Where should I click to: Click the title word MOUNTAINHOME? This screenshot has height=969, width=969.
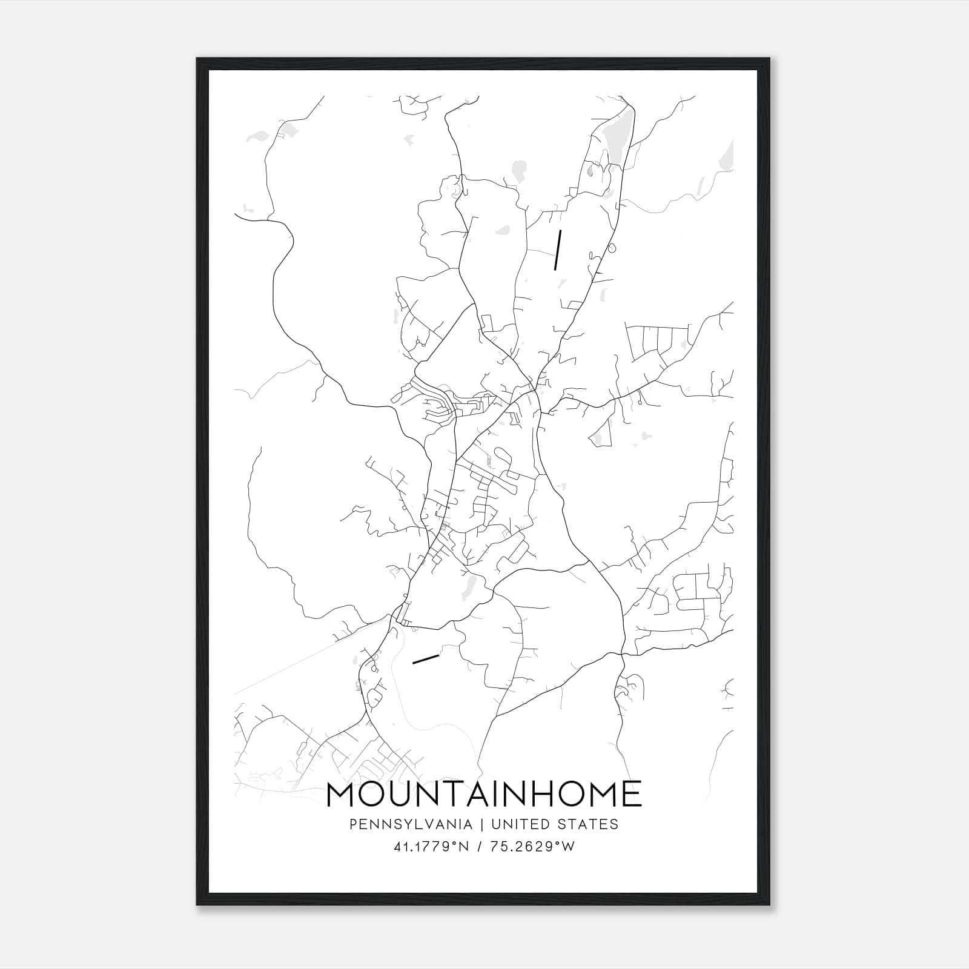click(x=484, y=794)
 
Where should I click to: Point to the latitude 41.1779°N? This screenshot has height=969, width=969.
click(x=431, y=847)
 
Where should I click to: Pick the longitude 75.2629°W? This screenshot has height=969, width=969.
click(x=533, y=847)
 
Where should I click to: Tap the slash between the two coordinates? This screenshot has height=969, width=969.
click(x=480, y=847)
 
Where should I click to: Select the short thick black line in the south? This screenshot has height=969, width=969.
click(x=425, y=659)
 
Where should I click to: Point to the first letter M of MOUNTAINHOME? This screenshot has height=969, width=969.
click(x=342, y=794)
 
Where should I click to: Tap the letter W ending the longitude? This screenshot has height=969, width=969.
click(x=567, y=847)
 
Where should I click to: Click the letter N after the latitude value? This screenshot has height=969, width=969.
click(x=464, y=847)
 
